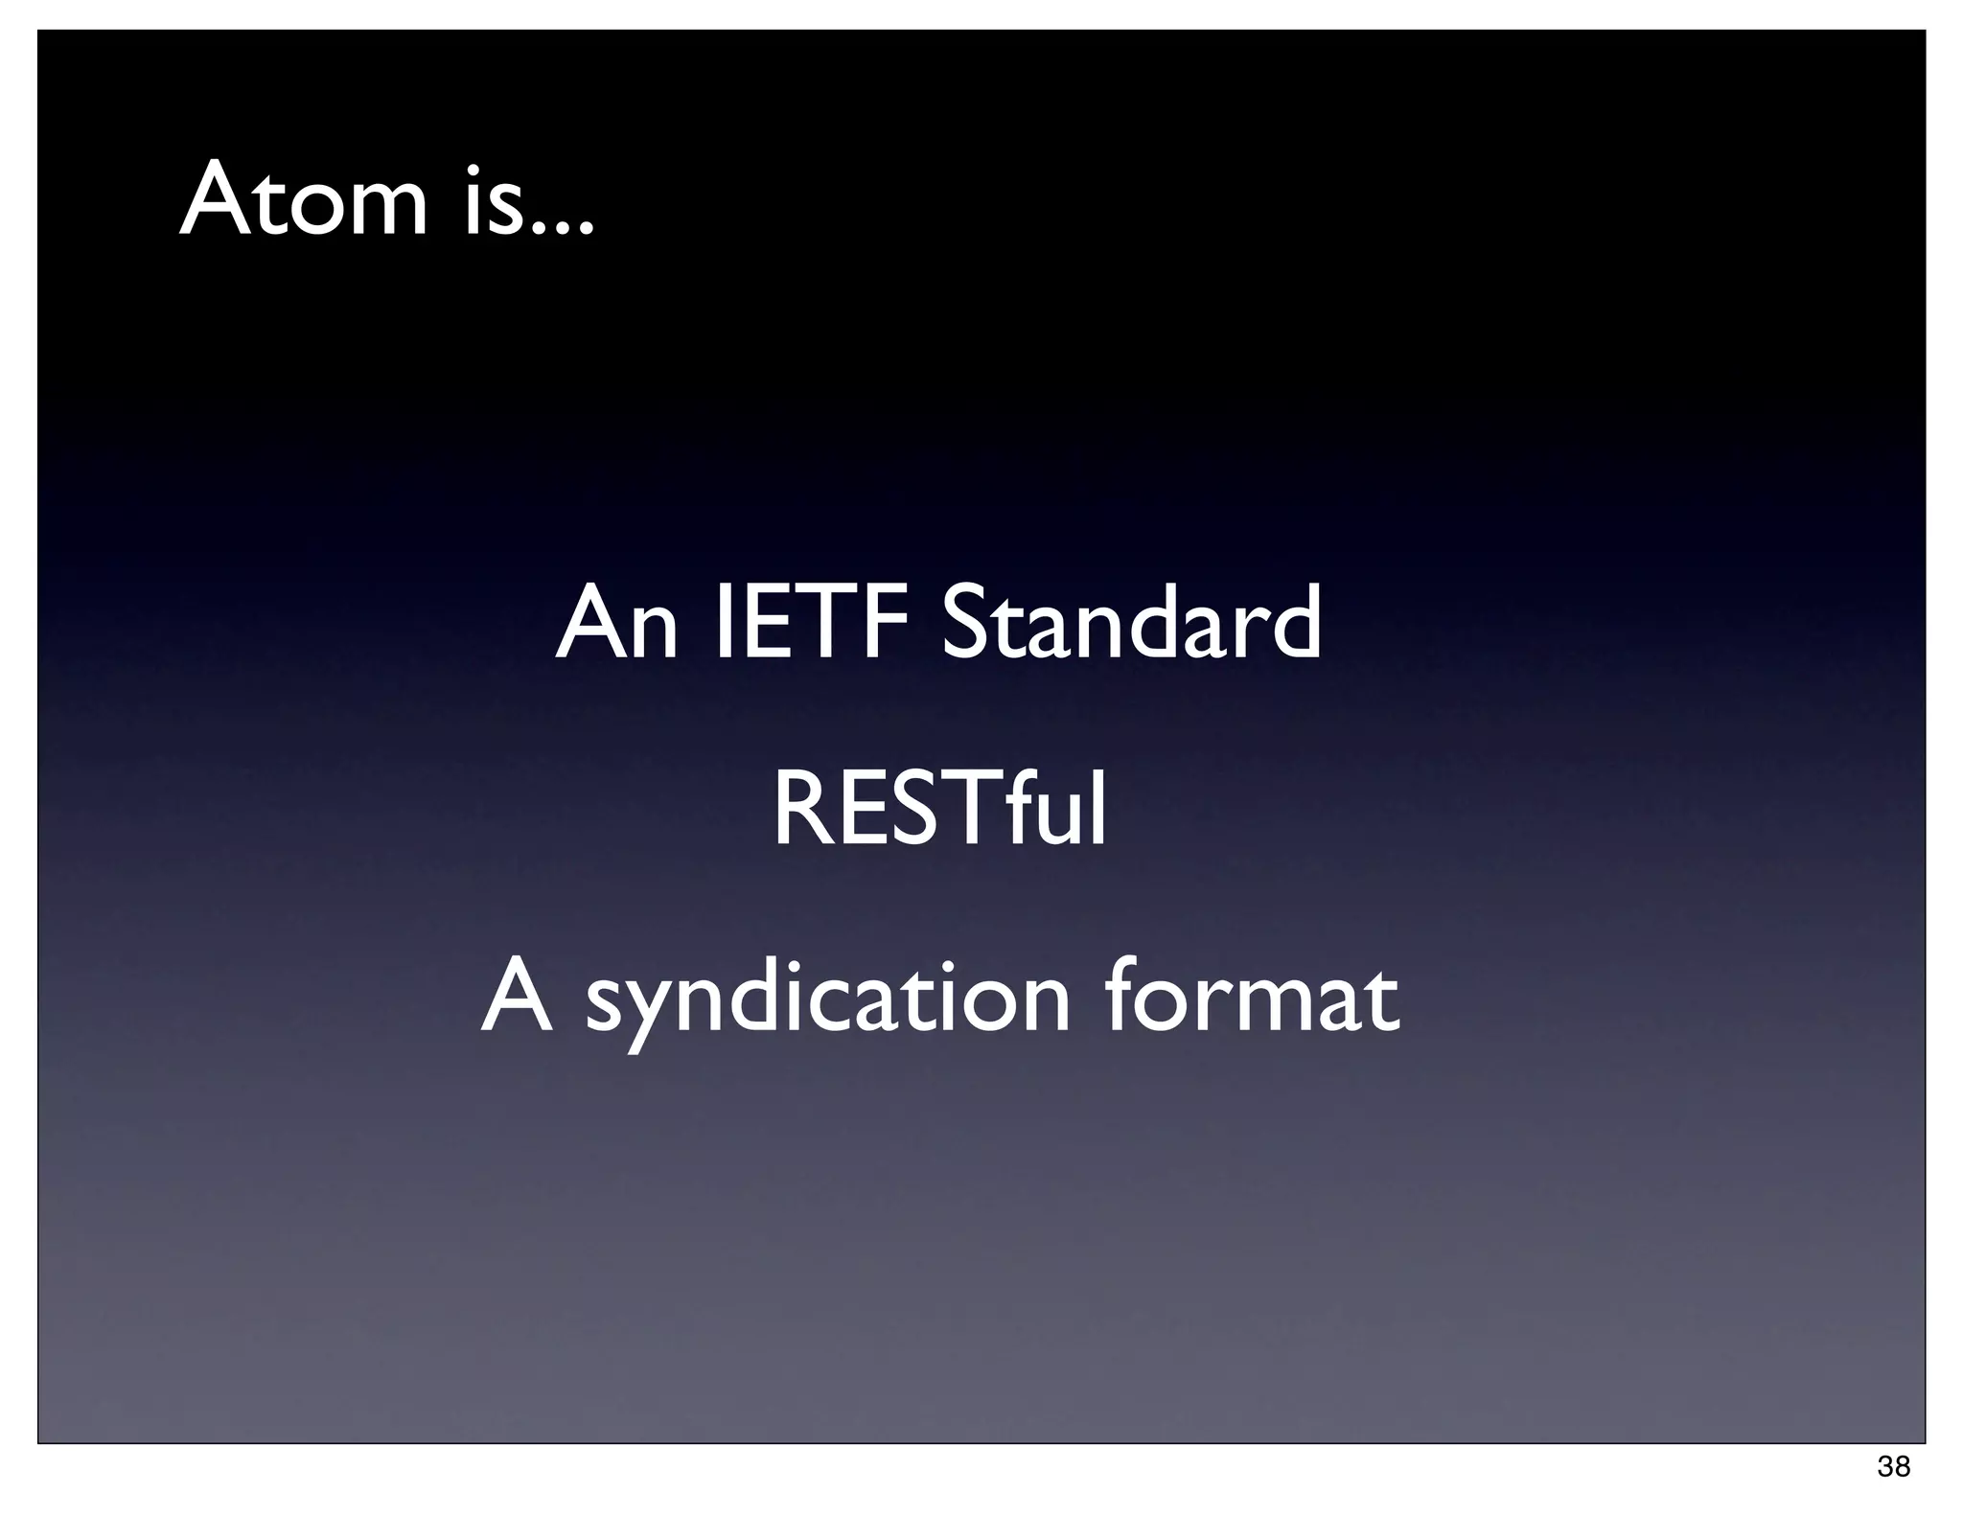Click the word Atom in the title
[303, 201]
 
